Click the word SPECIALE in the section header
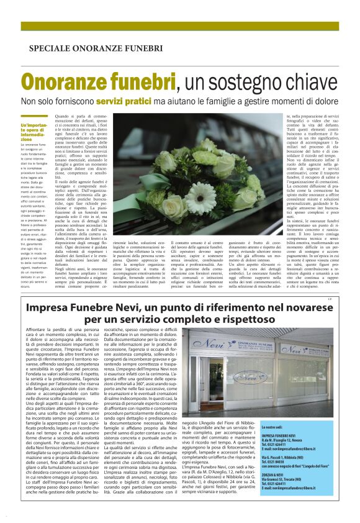pyautogui.click(x=49, y=48)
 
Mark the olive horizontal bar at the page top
pyautogui.click(x=180, y=26)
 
